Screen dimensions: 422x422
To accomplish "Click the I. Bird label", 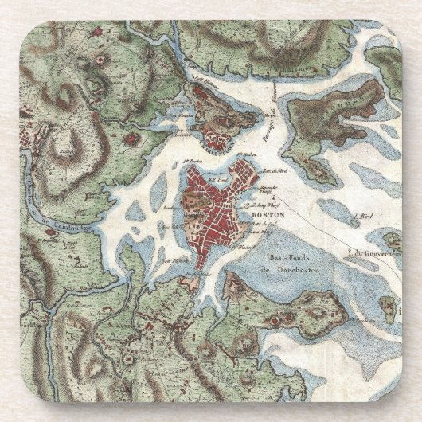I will [365, 215].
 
